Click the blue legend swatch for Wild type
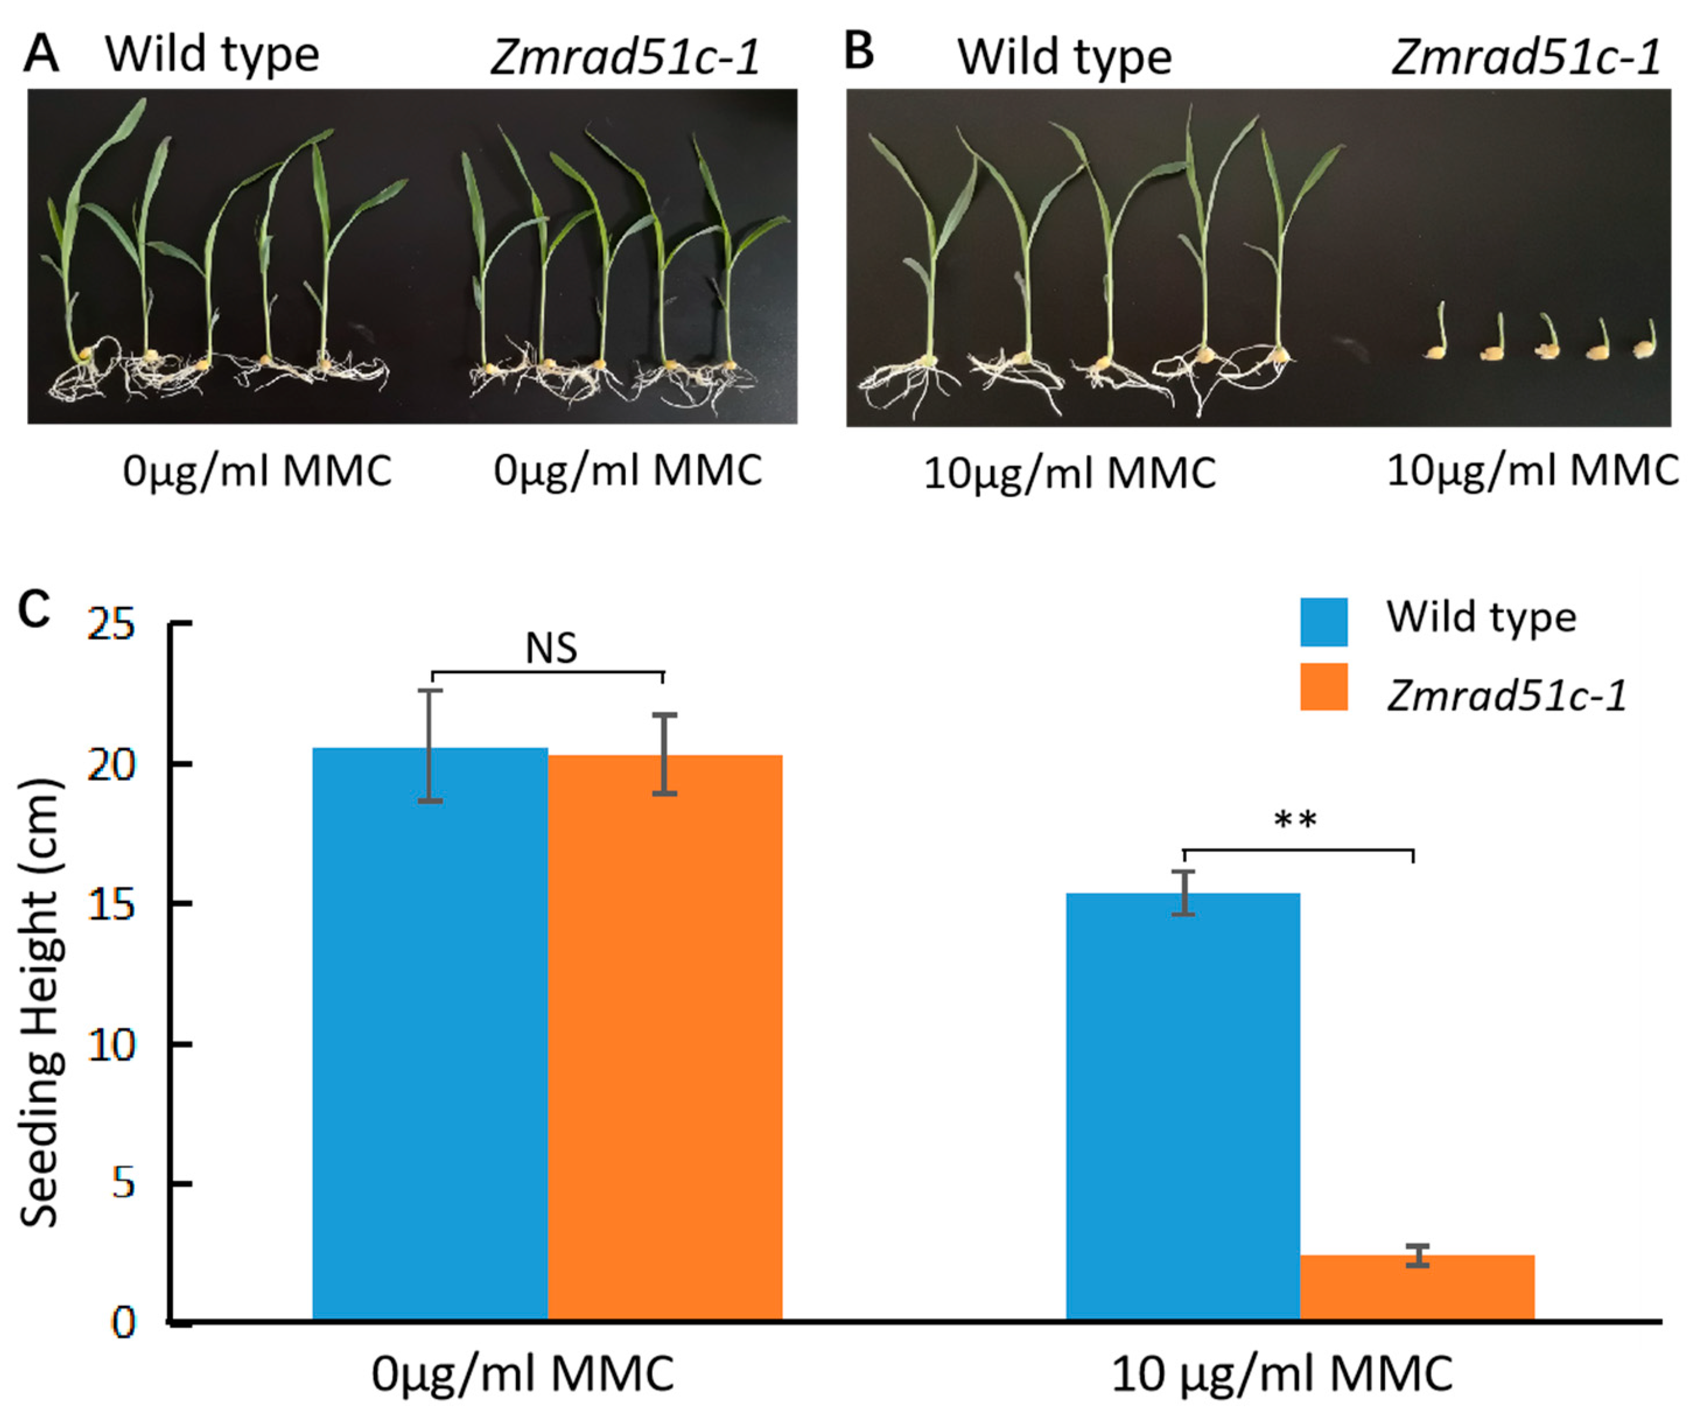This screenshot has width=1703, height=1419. [1323, 622]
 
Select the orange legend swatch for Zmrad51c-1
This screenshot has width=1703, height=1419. [1323, 687]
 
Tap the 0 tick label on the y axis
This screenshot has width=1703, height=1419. [123, 1323]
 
